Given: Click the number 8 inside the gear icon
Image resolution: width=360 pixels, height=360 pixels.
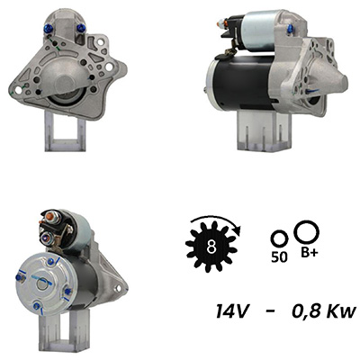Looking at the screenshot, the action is coord(211,247).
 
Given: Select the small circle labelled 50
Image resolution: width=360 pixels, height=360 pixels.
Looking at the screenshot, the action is coord(279,239).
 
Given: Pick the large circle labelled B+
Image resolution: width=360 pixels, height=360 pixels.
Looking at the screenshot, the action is coord(307,231).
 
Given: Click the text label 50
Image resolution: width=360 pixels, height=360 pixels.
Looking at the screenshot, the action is coord(279,257).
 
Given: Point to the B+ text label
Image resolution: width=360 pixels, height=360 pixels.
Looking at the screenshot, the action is coord(309,253).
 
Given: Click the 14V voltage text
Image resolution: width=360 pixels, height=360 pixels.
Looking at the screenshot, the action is coord(231,311).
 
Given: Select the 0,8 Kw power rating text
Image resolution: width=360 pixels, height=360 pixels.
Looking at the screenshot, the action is coord(324,311).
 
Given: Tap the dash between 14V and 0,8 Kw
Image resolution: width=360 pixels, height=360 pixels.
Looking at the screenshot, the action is coord(270,312).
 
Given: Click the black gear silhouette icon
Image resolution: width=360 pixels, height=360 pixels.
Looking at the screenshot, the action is coord(211,247).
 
